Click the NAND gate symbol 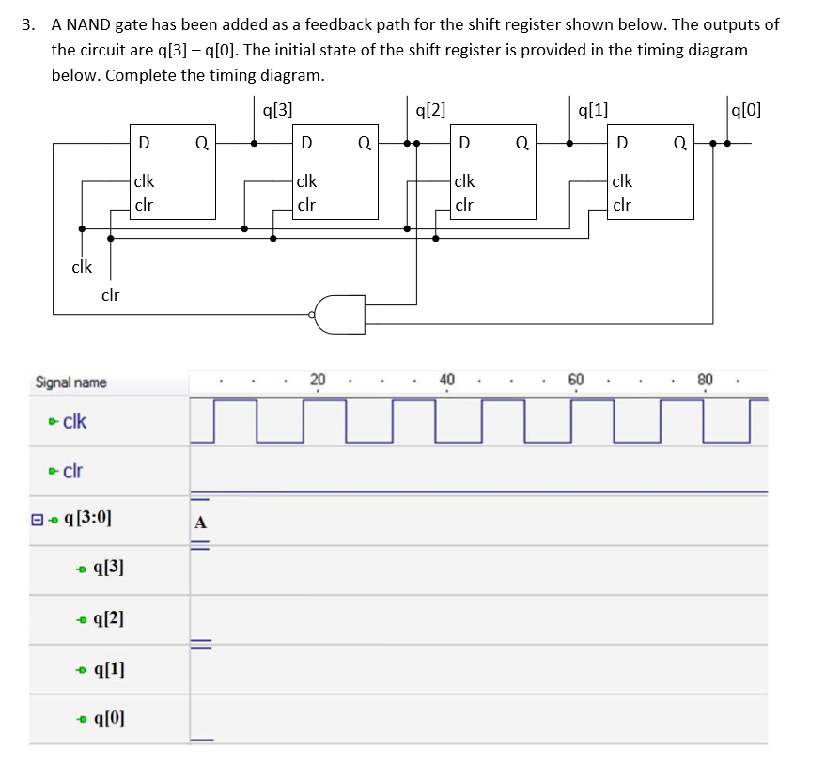click(x=339, y=315)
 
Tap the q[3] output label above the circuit click(x=277, y=109)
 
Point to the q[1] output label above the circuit click(x=593, y=109)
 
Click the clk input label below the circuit click(x=82, y=267)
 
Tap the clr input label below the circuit click(x=110, y=295)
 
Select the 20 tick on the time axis click(x=318, y=379)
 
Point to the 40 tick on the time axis click(x=446, y=379)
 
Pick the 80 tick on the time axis click(x=705, y=379)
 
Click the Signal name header click(x=70, y=382)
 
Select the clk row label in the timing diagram click(x=74, y=421)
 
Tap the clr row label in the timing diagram click(x=74, y=470)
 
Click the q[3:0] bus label click(x=91, y=519)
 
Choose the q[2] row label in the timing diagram click(x=107, y=618)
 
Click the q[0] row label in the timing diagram click(x=107, y=719)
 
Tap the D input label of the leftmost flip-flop click(x=143, y=144)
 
